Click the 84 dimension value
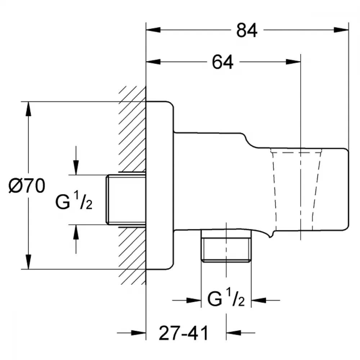(247, 30)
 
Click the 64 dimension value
(222, 62)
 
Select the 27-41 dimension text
(184, 333)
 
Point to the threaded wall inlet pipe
(126, 199)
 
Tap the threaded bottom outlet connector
(226, 246)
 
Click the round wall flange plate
(160, 185)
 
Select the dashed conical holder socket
(296, 189)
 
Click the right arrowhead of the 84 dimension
(341, 30)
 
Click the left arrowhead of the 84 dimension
(153, 30)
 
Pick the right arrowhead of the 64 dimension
(293, 62)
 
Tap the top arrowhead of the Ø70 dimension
(28, 109)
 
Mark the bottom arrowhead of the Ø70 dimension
(28, 262)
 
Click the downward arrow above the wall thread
(76, 161)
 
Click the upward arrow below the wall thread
(76, 239)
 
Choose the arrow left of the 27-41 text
(131, 332)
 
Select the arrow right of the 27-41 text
(240, 332)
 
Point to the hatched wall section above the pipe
(132, 129)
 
